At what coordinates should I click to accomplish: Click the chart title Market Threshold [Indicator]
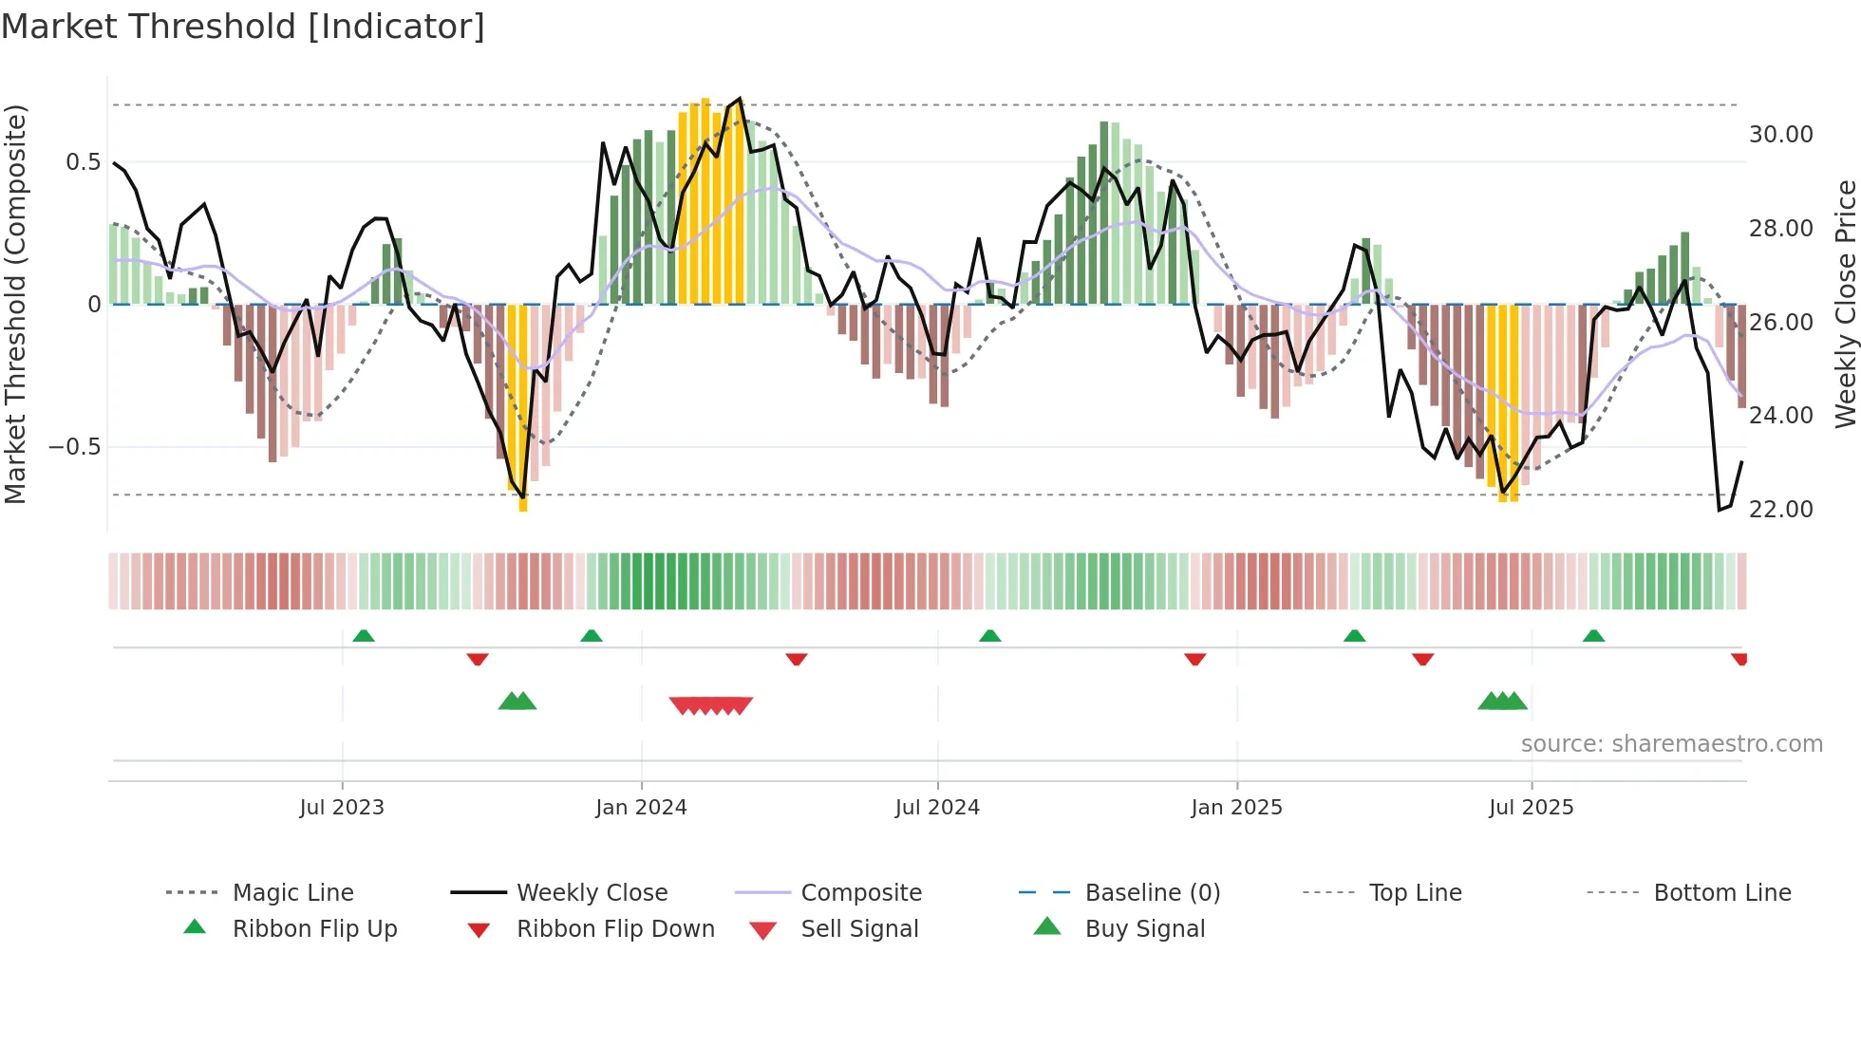(x=243, y=27)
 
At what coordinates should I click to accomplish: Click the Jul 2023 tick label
(x=342, y=808)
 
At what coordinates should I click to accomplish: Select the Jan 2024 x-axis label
(x=641, y=808)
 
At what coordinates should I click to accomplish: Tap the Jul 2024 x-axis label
(x=937, y=808)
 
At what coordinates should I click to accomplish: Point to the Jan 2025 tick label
(x=1236, y=808)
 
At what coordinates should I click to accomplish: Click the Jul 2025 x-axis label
(x=1531, y=808)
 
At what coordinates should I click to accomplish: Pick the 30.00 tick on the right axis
(x=1780, y=135)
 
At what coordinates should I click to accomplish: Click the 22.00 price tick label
(x=1780, y=510)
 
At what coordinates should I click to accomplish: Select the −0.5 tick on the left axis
(x=75, y=447)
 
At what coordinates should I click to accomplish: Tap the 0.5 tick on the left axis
(x=83, y=162)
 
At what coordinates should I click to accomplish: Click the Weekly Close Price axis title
(x=1845, y=304)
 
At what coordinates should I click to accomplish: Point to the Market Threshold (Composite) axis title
(x=15, y=304)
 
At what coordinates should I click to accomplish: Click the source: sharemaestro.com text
(x=1671, y=744)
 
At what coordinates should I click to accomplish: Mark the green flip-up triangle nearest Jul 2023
(x=364, y=636)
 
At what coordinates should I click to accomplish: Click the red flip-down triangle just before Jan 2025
(x=1194, y=659)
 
